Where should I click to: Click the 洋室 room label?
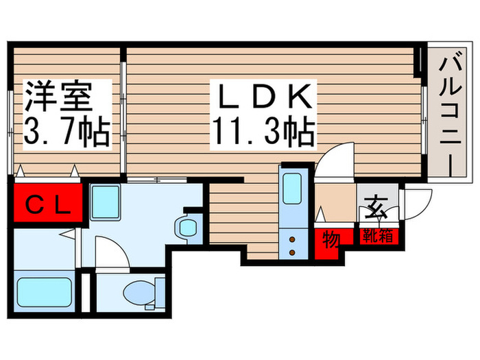tap(59, 97)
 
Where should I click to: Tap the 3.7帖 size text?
tap(67, 131)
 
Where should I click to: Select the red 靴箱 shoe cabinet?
tap(378, 237)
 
